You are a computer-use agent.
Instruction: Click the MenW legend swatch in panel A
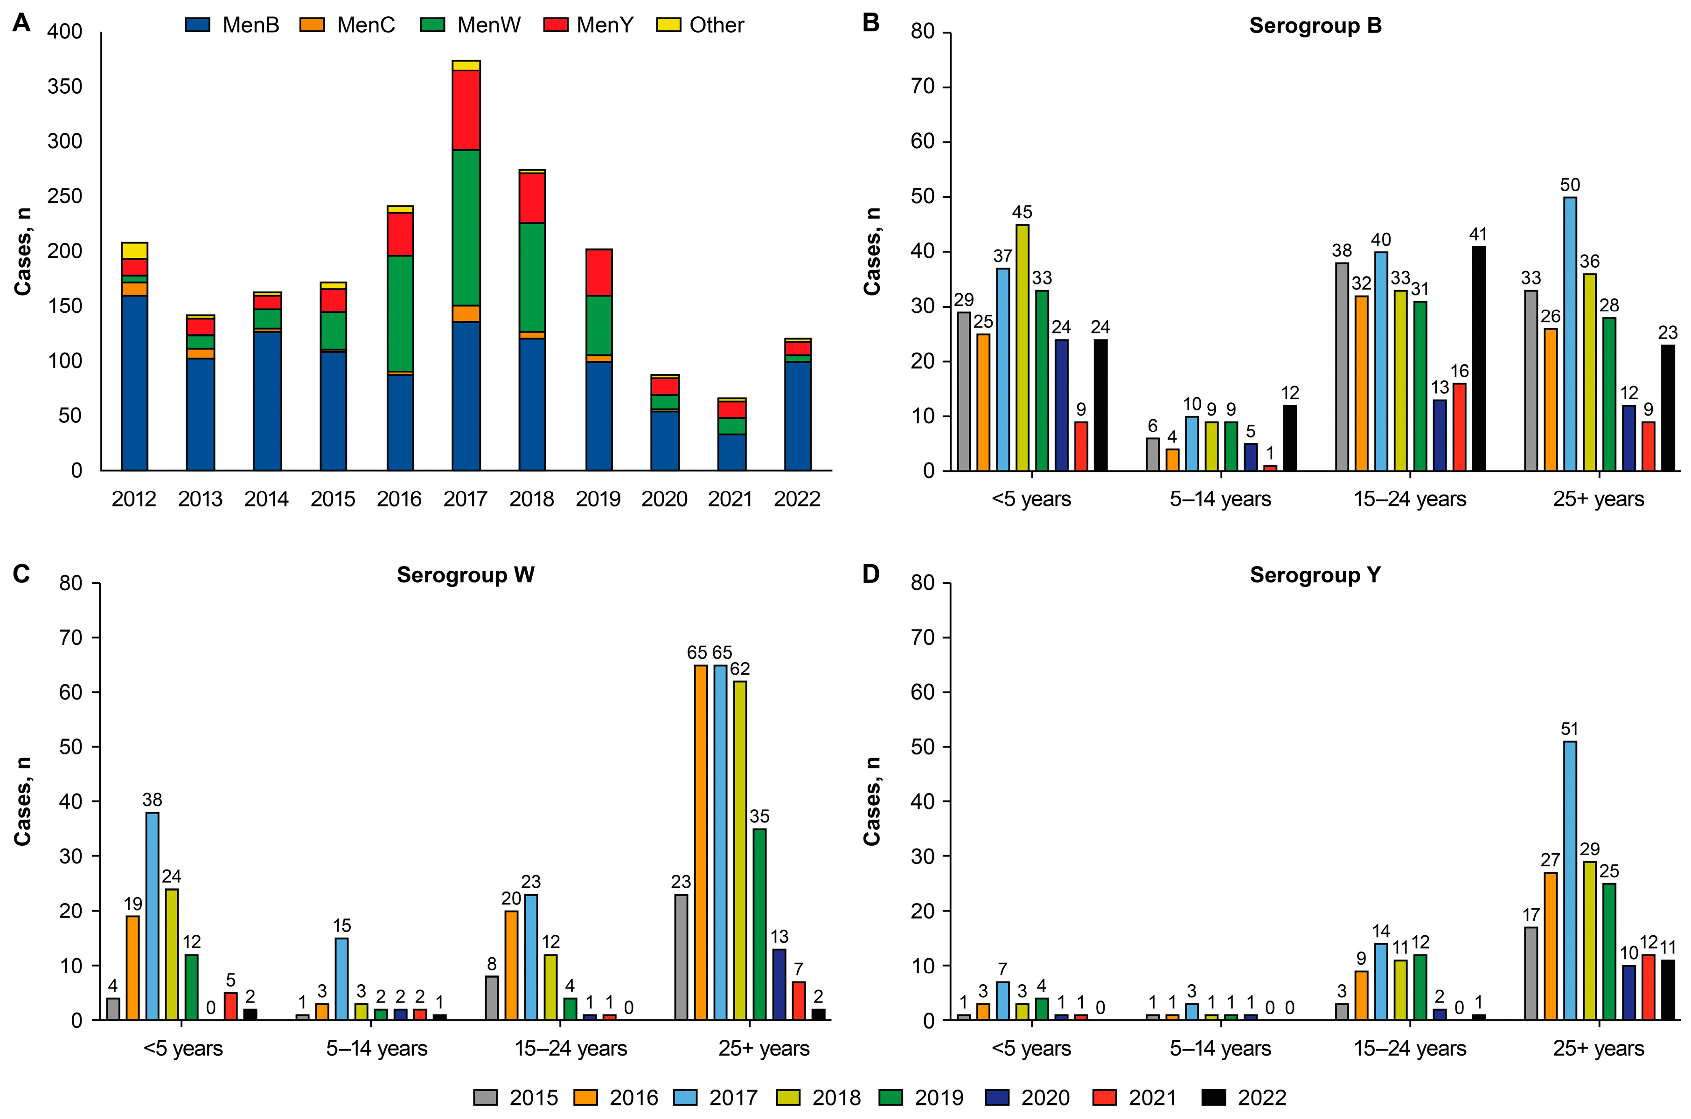click(x=432, y=25)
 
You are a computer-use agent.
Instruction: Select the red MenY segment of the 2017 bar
click(x=466, y=110)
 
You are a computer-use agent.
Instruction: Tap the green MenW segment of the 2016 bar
click(x=400, y=314)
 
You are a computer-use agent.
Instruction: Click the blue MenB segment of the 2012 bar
click(x=134, y=382)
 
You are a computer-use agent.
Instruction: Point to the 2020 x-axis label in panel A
click(x=664, y=499)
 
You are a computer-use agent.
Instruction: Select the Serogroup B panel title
click(x=1315, y=26)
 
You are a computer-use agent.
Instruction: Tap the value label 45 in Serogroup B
click(x=1022, y=213)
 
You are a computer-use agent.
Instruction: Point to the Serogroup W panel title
click(x=466, y=575)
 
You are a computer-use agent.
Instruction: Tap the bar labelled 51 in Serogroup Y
click(x=1570, y=881)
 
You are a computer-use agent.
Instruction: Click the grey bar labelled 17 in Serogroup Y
click(x=1531, y=974)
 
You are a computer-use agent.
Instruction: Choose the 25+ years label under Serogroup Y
click(x=1598, y=1048)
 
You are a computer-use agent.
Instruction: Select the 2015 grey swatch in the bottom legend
click(x=486, y=1098)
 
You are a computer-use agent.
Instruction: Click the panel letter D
click(x=871, y=574)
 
